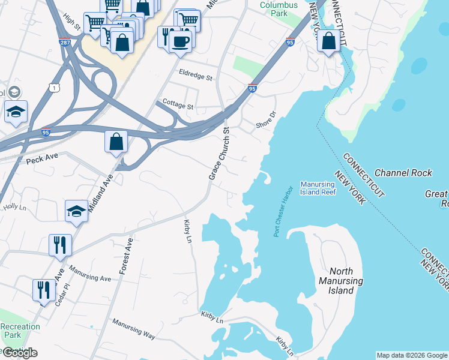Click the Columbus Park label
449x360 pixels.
[x=279, y=9]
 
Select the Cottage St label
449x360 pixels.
[x=174, y=106]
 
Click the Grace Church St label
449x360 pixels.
[x=219, y=154]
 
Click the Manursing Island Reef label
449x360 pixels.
[x=318, y=188]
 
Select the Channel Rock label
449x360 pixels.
[x=403, y=173]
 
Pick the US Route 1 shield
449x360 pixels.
[x=56, y=88]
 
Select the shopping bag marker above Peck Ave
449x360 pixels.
[x=116, y=142]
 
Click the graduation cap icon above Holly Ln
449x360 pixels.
[x=76, y=211]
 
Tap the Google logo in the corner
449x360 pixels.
[x=20, y=353]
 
